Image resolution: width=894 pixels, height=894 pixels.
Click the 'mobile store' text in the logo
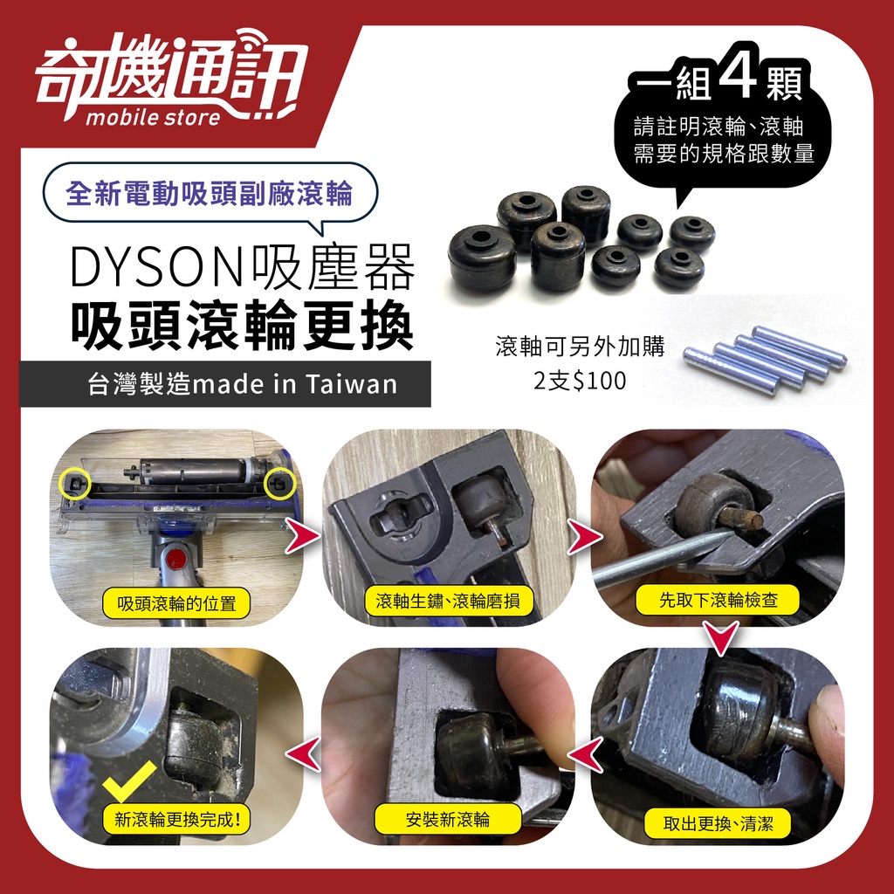pyautogui.click(x=153, y=117)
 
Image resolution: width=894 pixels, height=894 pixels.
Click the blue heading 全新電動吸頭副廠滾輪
pyautogui.click(x=210, y=193)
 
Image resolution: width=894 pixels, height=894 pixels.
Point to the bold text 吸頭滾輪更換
pyautogui.click(x=243, y=325)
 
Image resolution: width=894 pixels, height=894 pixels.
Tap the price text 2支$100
pyautogui.click(x=580, y=381)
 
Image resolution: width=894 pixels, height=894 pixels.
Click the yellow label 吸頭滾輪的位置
pyautogui.click(x=176, y=602)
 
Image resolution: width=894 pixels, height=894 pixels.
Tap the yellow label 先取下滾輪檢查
pyautogui.click(x=718, y=600)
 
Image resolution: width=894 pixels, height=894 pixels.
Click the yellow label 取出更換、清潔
pyautogui.click(x=718, y=823)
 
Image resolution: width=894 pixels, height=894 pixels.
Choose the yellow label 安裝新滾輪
pyautogui.click(x=448, y=819)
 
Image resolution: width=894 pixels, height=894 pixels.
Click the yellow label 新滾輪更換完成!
pyautogui.click(x=177, y=819)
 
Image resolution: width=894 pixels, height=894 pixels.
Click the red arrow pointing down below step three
pyautogui.click(x=721, y=637)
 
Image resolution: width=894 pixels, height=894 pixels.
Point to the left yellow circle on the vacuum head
pyautogui.click(x=76, y=484)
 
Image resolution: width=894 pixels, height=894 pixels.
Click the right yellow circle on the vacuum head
pyautogui.click(x=280, y=484)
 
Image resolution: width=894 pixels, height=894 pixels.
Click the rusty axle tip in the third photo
pyautogui.click(x=755, y=519)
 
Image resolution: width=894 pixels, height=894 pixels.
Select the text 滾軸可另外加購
pyautogui.click(x=580, y=346)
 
